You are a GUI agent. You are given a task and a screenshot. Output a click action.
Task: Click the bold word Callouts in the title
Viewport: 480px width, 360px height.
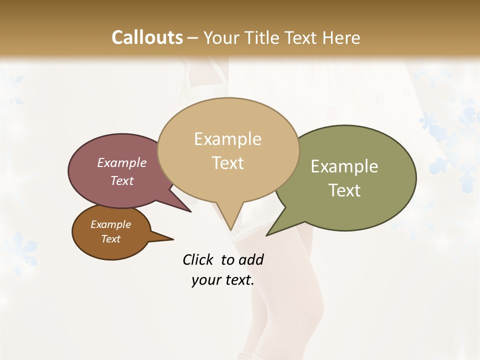pyautogui.click(x=147, y=37)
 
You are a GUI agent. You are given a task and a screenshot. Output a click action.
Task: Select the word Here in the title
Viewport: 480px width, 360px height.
pyautogui.click(x=341, y=37)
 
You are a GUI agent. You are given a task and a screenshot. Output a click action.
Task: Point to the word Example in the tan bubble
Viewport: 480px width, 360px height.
pyautogui.click(x=227, y=139)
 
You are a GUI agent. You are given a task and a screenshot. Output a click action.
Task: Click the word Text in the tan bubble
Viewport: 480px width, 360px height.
pyautogui.click(x=228, y=163)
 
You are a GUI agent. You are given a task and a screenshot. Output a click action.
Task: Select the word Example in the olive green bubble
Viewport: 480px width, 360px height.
pyautogui.click(x=344, y=166)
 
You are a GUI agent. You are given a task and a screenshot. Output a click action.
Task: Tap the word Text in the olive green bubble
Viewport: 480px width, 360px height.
pyautogui.click(x=344, y=190)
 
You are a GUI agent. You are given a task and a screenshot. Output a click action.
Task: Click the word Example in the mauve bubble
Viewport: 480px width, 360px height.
pyautogui.click(x=122, y=163)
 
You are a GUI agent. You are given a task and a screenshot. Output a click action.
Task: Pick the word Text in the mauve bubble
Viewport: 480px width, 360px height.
pyautogui.click(x=122, y=180)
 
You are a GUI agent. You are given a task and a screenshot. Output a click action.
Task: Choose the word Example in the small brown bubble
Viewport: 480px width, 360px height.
pyautogui.click(x=110, y=224)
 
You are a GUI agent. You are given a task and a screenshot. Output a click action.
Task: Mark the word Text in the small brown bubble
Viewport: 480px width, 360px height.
pyautogui.click(x=110, y=239)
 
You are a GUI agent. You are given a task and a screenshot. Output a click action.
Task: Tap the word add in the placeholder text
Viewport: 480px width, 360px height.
pyautogui.click(x=250, y=260)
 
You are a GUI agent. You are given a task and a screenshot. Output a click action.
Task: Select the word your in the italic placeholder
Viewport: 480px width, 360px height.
pyautogui.click(x=205, y=280)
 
